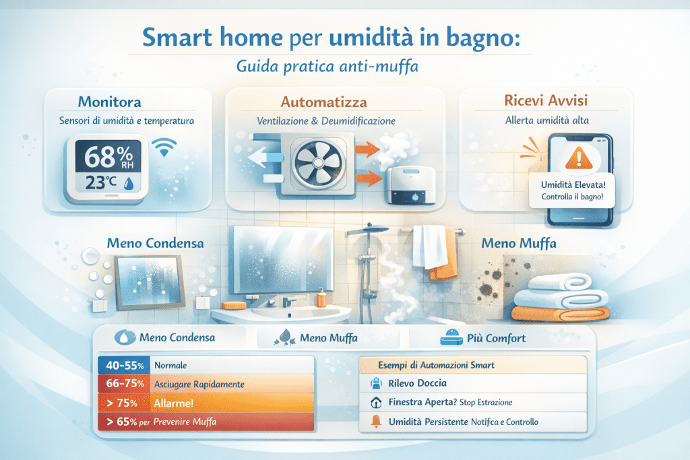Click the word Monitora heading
tap(111, 102)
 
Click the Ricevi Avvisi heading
tap(546, 101)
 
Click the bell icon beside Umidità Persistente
tap(376, 422)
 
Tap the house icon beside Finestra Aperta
tap(376, 402)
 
